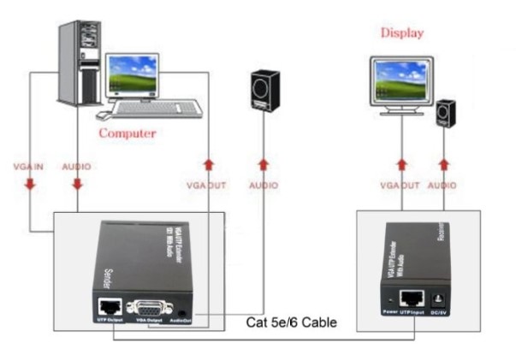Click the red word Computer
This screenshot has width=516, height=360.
(x=128, y=133)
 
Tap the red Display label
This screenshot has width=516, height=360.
(x=401, y=33)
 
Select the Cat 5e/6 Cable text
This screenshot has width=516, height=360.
(x=291, y=323)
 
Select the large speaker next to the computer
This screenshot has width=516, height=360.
(x=264, y=89)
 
